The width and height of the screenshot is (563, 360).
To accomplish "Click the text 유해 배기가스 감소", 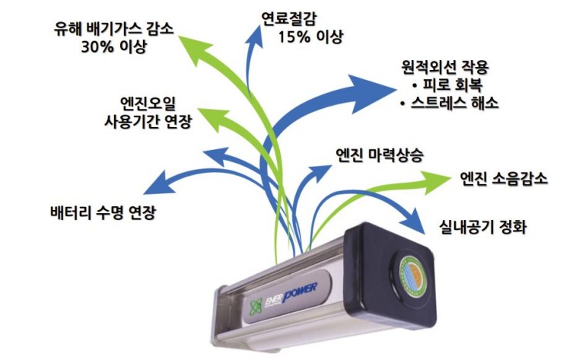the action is [114, 28].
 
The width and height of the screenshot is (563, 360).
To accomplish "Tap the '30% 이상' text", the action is [114, 46].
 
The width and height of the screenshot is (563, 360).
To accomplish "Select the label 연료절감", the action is [288, 19].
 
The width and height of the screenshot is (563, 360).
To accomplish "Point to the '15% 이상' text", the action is [311, 37].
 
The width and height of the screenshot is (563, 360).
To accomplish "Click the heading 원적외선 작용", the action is [444, 67].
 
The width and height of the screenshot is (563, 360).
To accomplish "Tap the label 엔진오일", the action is [148, 104].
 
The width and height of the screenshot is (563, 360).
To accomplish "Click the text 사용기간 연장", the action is [148, 122].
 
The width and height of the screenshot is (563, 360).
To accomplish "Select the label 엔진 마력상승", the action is [380, 155].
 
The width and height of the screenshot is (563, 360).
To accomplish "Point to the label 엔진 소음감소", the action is [504, 179].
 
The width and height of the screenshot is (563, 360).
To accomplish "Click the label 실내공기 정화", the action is [483, 227].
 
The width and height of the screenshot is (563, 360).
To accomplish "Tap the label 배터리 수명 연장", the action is [103, 212].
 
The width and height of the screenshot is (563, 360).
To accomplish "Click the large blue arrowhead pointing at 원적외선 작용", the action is [370, 92].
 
